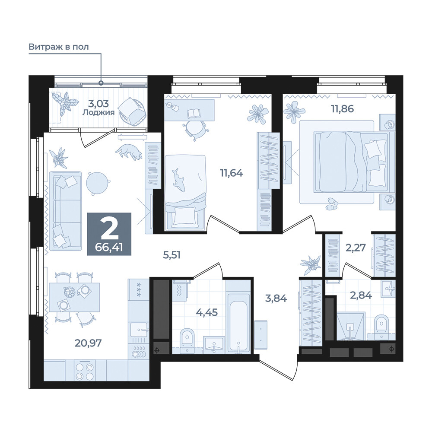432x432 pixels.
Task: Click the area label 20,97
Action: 88,343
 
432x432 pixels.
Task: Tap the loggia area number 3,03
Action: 98,104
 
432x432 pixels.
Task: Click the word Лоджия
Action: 98,112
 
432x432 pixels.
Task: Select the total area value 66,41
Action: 109,247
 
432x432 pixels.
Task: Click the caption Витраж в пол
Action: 59,47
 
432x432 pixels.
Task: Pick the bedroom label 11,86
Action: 343,109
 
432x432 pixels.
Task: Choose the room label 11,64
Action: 232,173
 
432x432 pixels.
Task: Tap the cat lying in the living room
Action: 129,152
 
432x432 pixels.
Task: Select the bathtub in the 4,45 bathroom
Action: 238,327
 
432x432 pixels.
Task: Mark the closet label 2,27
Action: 356,248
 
